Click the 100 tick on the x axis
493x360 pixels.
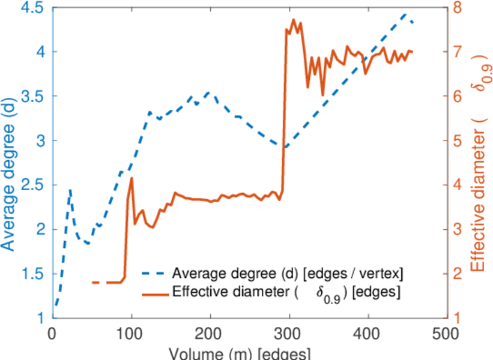tap(131, 332)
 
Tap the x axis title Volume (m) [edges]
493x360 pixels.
tap(240, 352)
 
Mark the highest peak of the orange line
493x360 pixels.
tap(294, 19)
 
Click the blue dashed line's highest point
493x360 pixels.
tap(405, 13)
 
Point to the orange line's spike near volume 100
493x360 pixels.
tap(131, 178)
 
